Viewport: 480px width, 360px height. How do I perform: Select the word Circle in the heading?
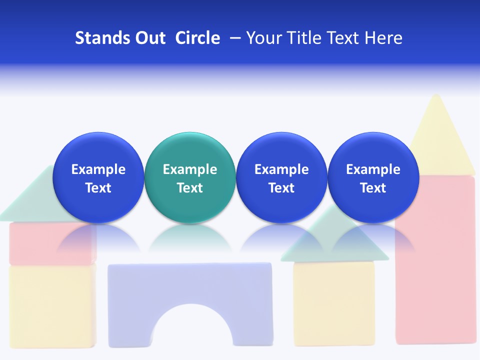click(x=197, y=38)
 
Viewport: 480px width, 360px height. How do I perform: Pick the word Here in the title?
click(x=383, y=38)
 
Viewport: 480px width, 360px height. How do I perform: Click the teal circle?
click(x=189, y=150)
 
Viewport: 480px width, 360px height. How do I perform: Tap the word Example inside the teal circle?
click(x=189, y=169)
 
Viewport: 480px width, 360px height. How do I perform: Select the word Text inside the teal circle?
click(x=189, y=188)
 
